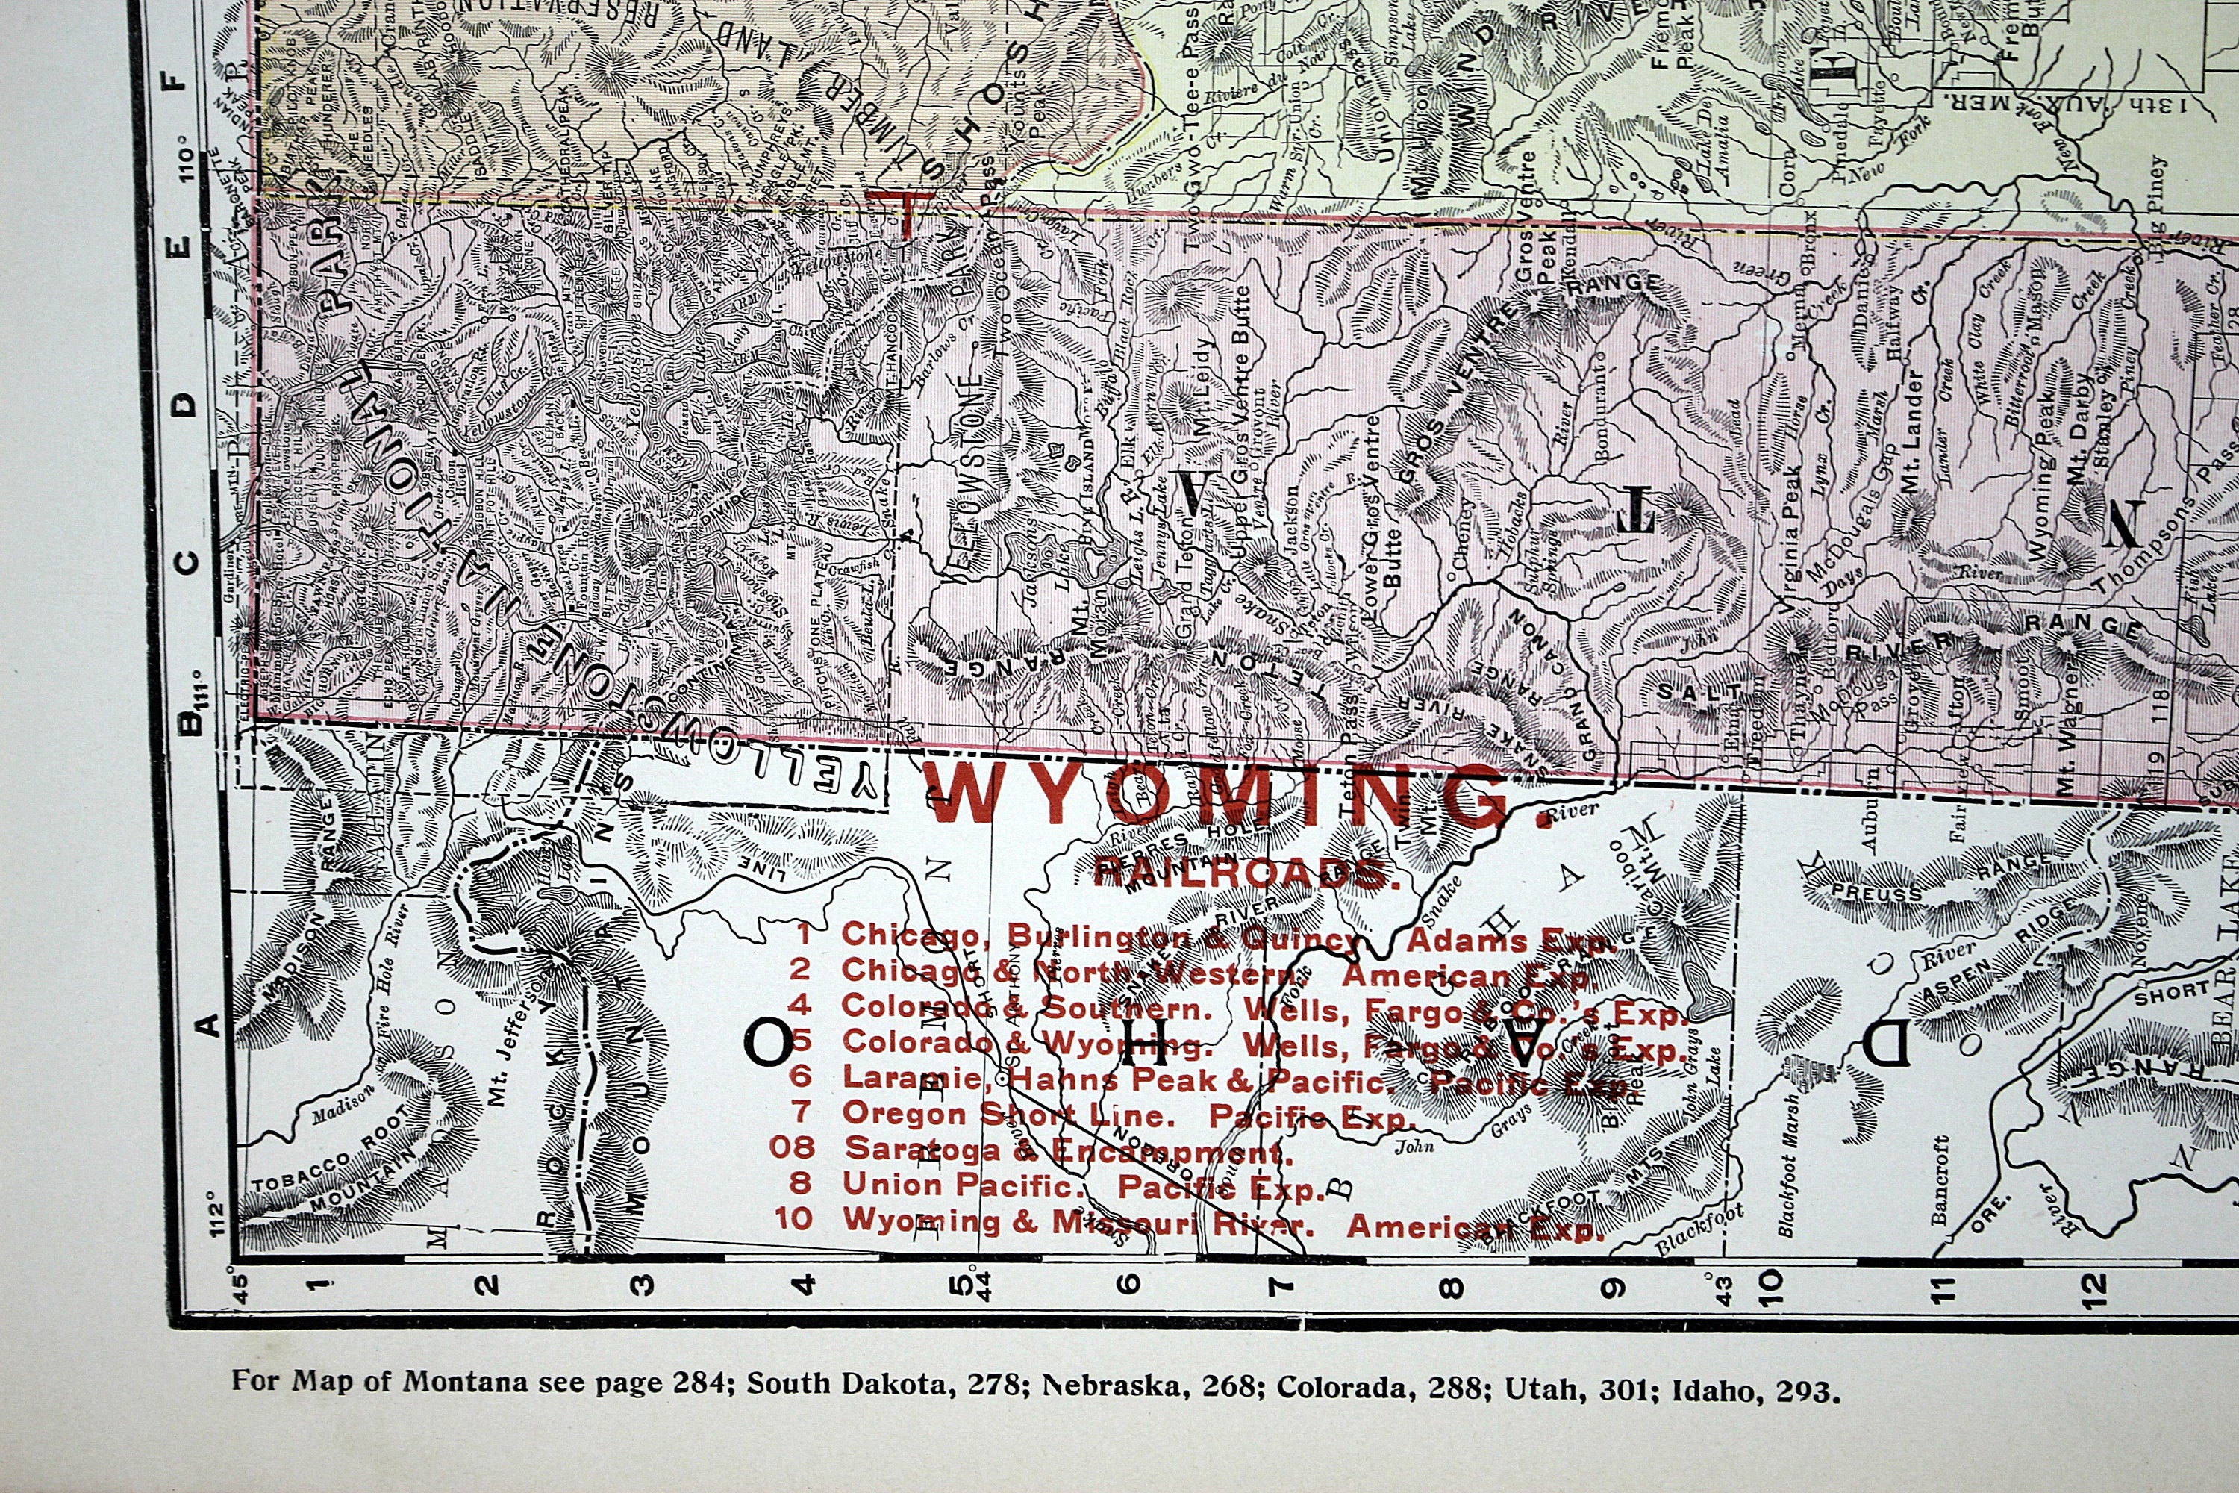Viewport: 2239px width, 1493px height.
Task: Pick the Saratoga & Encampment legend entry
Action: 1033,1150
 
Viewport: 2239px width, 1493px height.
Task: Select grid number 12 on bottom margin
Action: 2094,1285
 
